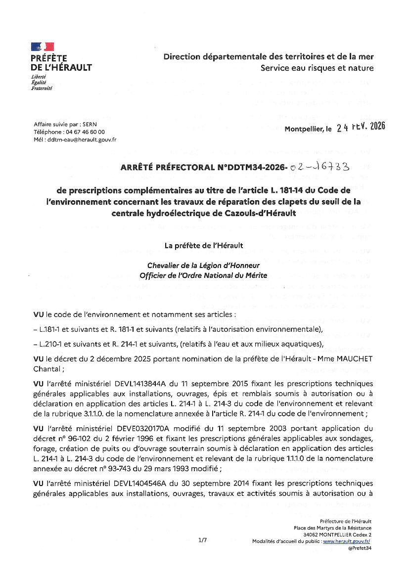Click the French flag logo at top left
[42, 47]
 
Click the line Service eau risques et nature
[317, 68]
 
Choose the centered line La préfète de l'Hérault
[204, 245]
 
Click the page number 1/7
[203, 540]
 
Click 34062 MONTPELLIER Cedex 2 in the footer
[338, 534]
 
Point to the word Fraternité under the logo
[42, 88]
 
